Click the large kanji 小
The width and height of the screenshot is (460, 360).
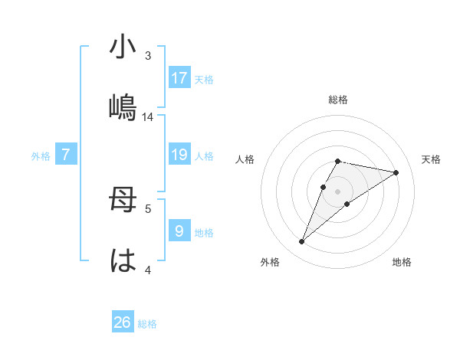coord(123,48)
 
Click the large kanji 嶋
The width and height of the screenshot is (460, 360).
coord(123,107)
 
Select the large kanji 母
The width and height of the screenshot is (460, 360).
coord(123,201)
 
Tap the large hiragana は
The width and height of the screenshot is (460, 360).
coord(123,260)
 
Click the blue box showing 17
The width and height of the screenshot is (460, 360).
coord(179,77)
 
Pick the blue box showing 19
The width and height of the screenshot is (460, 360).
coord(179,155)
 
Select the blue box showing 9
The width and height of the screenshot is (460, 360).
coord(179,231)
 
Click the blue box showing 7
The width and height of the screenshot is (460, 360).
coord(66,155)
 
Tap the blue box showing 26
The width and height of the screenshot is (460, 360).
coord(123,322)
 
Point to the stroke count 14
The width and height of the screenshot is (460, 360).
coord(148,117)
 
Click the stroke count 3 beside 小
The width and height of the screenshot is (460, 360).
coord(148,57)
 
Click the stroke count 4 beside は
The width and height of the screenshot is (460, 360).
coord(148,269)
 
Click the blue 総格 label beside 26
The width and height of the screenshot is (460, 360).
coord(147,324)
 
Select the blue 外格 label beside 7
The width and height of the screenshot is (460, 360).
coord(41,156)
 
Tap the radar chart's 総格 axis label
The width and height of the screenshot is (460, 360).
coord(338,100)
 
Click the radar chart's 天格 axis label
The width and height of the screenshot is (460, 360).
coord(432,159)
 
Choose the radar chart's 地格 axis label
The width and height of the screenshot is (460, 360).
coord(402,262)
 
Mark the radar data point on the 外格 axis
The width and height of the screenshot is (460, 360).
coord(301,242)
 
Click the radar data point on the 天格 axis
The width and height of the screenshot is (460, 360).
coord(396,172)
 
